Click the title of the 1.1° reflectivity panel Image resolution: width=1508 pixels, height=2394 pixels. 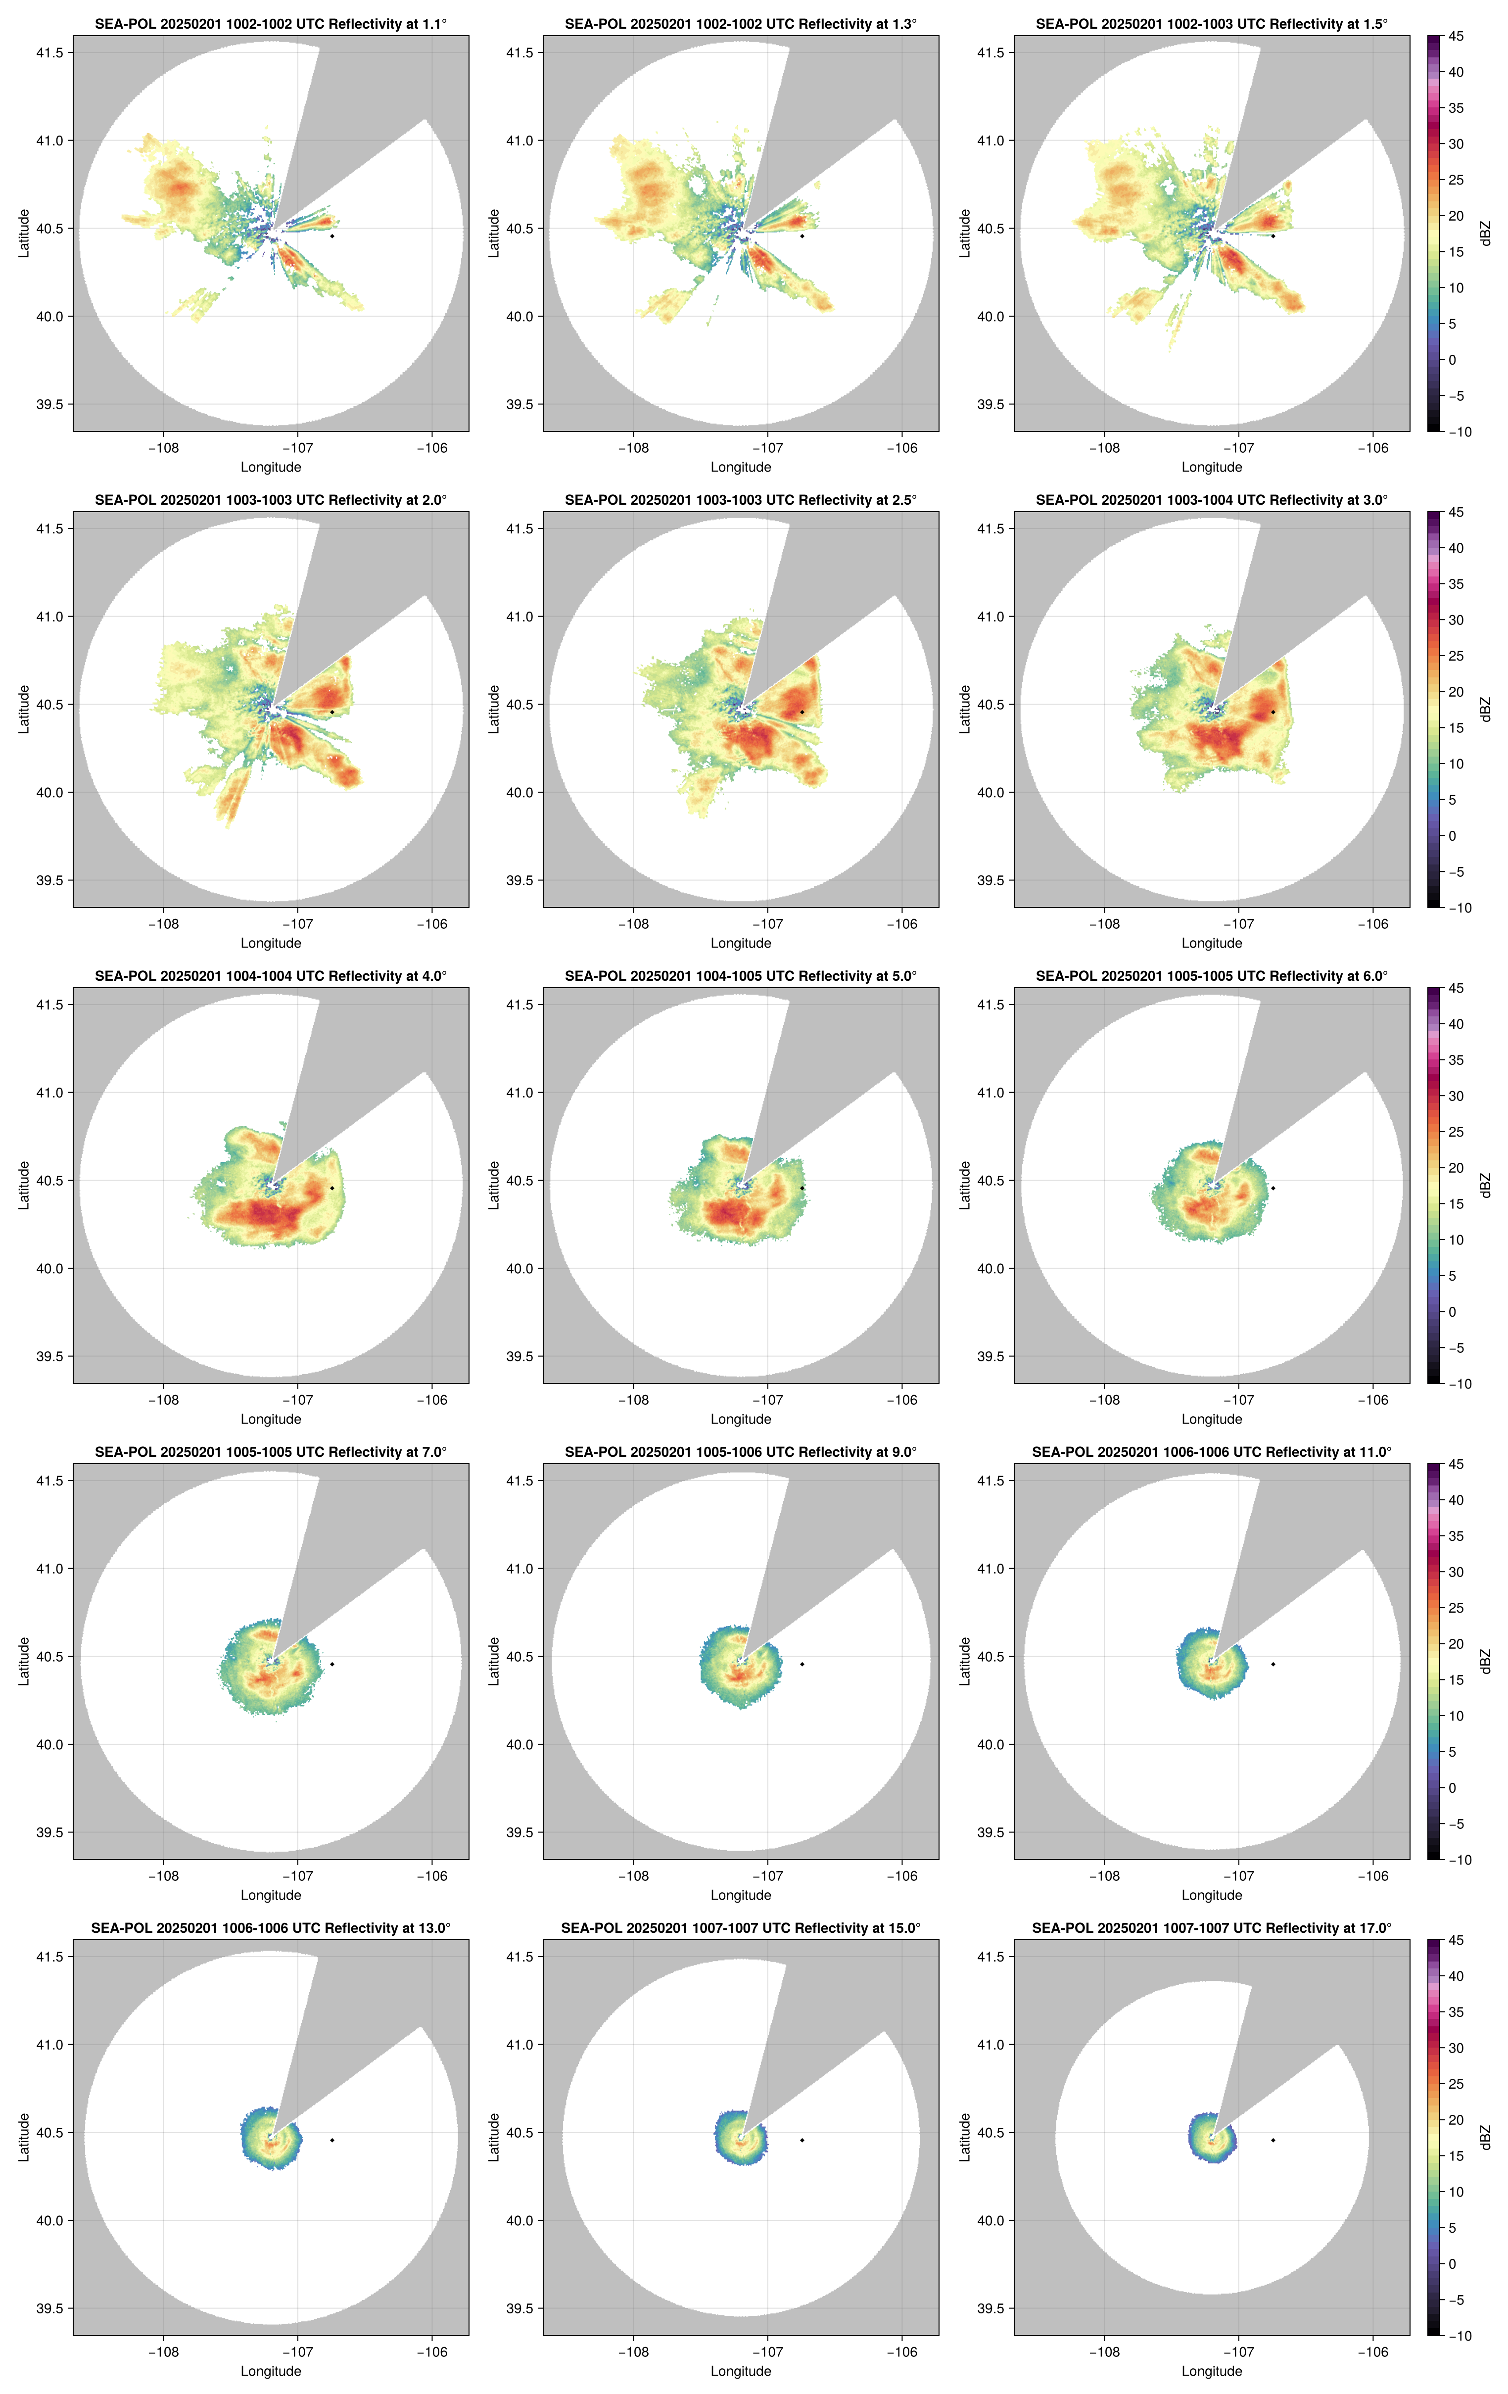271,24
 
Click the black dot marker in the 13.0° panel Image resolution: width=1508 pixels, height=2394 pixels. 332,2140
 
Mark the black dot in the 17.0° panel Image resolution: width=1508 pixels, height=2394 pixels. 1272,2140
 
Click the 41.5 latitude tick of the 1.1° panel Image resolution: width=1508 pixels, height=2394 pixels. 49,52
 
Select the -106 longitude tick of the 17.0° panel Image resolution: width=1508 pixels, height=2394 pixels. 1373,2352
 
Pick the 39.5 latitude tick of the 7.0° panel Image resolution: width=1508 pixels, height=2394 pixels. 49,1832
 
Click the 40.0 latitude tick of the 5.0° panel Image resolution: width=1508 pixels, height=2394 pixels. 520,1269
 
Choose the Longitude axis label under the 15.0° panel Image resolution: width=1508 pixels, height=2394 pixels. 741,2371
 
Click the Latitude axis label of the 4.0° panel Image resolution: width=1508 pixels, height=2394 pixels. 24,1185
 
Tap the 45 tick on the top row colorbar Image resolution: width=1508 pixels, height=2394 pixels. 1456,37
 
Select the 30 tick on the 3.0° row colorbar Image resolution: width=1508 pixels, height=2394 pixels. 1456,620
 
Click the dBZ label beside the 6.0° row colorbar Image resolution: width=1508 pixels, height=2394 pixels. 1485,1185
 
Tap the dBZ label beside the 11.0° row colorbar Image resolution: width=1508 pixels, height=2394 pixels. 1485,1661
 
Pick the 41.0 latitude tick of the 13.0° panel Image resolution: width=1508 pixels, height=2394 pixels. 49,2044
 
